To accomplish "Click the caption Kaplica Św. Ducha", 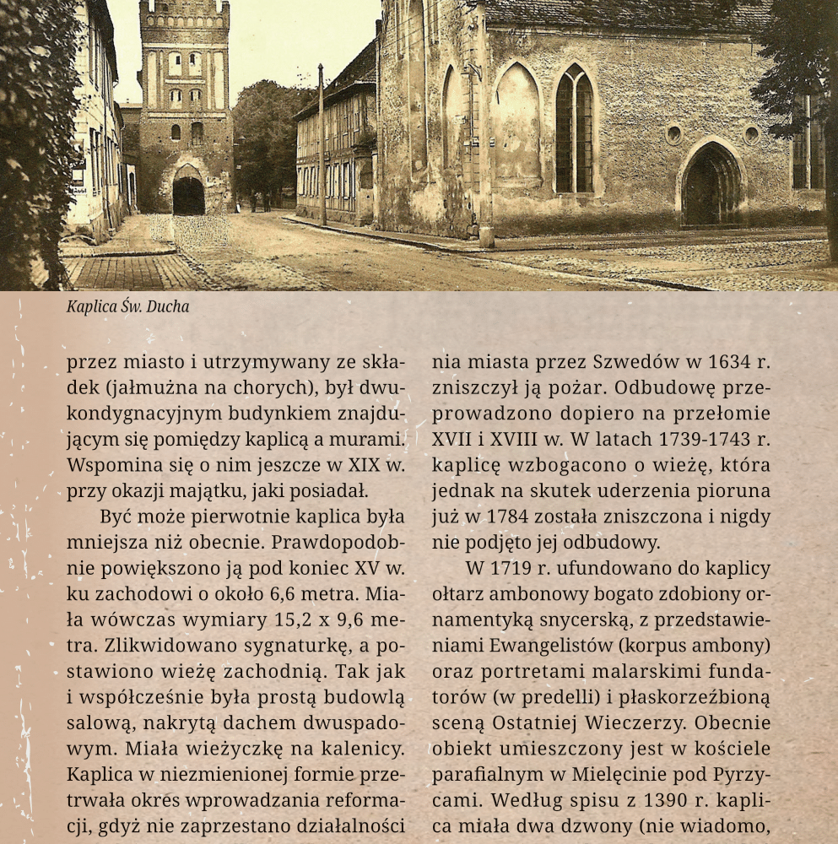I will click(x=127, y=306).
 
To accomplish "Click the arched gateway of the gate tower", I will click(x=188, y=194).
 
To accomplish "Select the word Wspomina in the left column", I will click(x=111, y=466).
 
